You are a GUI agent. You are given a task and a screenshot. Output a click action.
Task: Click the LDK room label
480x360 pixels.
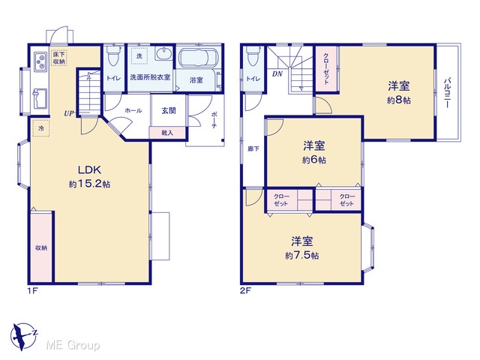[x=89, y=169]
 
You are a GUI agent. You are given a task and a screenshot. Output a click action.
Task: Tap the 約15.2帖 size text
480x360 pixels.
[x=89, y=184]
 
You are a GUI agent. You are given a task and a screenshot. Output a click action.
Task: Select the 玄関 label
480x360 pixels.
[x=169, y=110]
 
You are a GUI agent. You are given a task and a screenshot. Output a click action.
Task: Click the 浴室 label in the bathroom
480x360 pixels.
[x=196, y=80]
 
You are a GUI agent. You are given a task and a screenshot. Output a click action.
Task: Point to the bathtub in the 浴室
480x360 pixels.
[x=198, y=58]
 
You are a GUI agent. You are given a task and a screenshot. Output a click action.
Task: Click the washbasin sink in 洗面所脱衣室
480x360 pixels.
[x=163, y=54]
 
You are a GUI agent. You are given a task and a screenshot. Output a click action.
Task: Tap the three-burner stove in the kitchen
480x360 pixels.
[x=40, y=61]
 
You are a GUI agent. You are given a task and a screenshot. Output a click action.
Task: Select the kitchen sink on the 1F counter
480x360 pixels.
[x=40, y=98]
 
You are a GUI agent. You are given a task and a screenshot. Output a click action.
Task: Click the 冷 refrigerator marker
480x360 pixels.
[x=41, y=128]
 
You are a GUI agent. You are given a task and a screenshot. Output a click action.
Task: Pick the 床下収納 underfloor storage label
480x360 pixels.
[x=59, y=58]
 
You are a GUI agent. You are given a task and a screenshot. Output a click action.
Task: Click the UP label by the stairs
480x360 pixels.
[x=69, y=113]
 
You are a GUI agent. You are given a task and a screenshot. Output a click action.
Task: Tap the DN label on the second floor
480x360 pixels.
[x=277, y=74]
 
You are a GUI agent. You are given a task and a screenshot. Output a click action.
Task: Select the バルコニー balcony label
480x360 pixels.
[x=447, y=93]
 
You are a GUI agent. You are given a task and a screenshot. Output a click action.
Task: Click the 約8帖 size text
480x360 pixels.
[x=399, y=100]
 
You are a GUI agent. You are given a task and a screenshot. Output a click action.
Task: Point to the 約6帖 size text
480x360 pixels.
[x=314, y=160]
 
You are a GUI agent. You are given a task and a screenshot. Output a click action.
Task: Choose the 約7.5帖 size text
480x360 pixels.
[x=302, y=255]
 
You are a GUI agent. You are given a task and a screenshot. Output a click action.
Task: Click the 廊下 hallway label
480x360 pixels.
[x=253, y=148]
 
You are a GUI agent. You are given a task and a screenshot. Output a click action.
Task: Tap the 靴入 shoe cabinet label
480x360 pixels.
[x=167, y=133]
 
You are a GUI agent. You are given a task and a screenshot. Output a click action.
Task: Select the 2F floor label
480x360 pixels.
[x=245, y=291]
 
